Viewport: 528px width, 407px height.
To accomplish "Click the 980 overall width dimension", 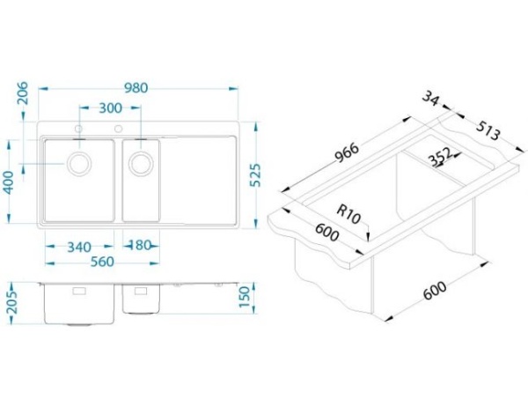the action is pos(136,88).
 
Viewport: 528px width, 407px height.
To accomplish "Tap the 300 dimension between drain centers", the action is pos(111,107).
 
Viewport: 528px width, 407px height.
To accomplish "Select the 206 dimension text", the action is pos(23,93).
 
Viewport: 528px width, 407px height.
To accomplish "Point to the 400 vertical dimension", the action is pos(9,182).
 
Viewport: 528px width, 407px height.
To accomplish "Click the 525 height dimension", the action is pos(255,175).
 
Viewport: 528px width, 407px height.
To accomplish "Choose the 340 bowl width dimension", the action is pos(79,248).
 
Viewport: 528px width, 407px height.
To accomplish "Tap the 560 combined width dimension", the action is pos(102,262).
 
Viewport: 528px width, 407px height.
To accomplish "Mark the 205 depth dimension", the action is pos(13,303).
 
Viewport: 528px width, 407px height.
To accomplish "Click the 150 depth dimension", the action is pos(245,297).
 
